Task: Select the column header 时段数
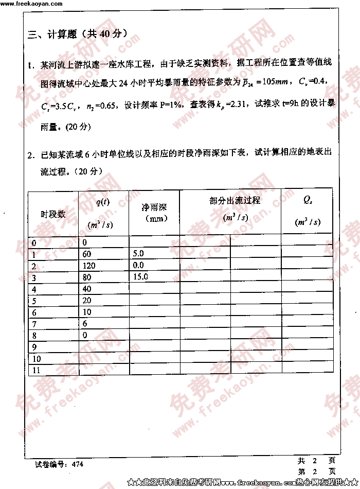[53, 214]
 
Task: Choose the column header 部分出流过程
[235, 201]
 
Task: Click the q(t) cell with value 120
[89, 266]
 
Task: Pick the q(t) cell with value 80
[87, 277]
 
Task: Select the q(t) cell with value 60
[86, 254]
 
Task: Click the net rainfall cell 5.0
[138, 254]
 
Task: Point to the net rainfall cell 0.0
[138, 266]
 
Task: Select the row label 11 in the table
[36, 370]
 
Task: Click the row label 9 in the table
[34, 347]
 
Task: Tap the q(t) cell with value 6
[85, 324]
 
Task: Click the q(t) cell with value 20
[86, 301]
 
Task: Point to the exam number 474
[78, 464]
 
